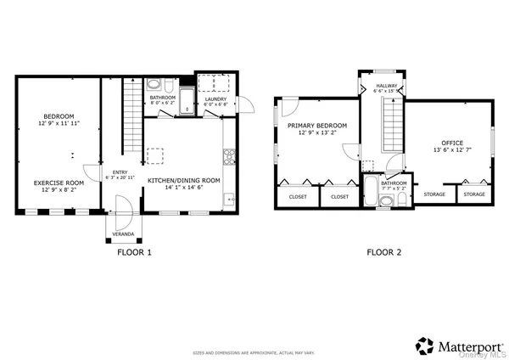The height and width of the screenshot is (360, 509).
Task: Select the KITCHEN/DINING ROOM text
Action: coord(184,181)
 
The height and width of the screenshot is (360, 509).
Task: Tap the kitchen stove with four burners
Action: coord(227,156)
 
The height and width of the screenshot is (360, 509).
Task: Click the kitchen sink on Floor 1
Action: coord(228,200)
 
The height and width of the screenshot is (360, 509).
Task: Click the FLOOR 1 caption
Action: coord(134,252)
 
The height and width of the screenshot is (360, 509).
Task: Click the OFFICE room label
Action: coord(452,142)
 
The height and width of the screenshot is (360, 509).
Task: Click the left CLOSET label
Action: coord(298,196)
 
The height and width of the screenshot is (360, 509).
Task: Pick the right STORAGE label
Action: coord(474,194)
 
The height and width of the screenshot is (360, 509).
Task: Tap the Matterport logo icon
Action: coord(423,346)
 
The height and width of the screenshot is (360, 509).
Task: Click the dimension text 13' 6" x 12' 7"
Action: coord(452,150)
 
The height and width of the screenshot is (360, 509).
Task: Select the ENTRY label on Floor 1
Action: coord(120,173)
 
